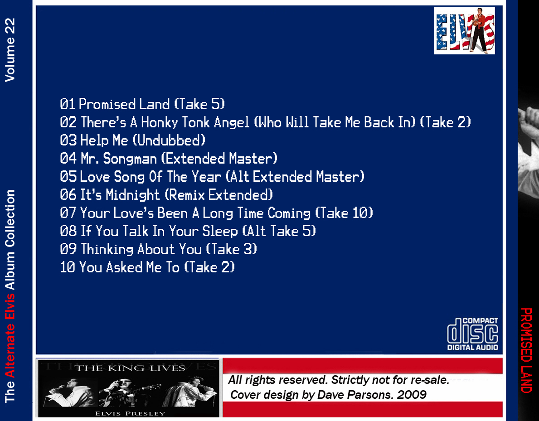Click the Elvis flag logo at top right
point(464,31)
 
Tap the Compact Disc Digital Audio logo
point(473,334)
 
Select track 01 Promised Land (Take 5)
point(142,104)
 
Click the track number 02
point(68,122)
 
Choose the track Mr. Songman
point(169,159)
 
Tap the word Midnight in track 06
point(133,195)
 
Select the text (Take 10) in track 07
point(344,213)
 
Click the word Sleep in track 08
point(220,231)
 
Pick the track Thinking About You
point(159,249)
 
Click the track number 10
point(68,267)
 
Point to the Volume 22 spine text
point(10,50)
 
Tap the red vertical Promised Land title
point(526,350)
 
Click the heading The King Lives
point(130,368)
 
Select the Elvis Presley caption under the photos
point(130,413)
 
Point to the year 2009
point(412,395)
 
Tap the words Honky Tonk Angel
point(195,122)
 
